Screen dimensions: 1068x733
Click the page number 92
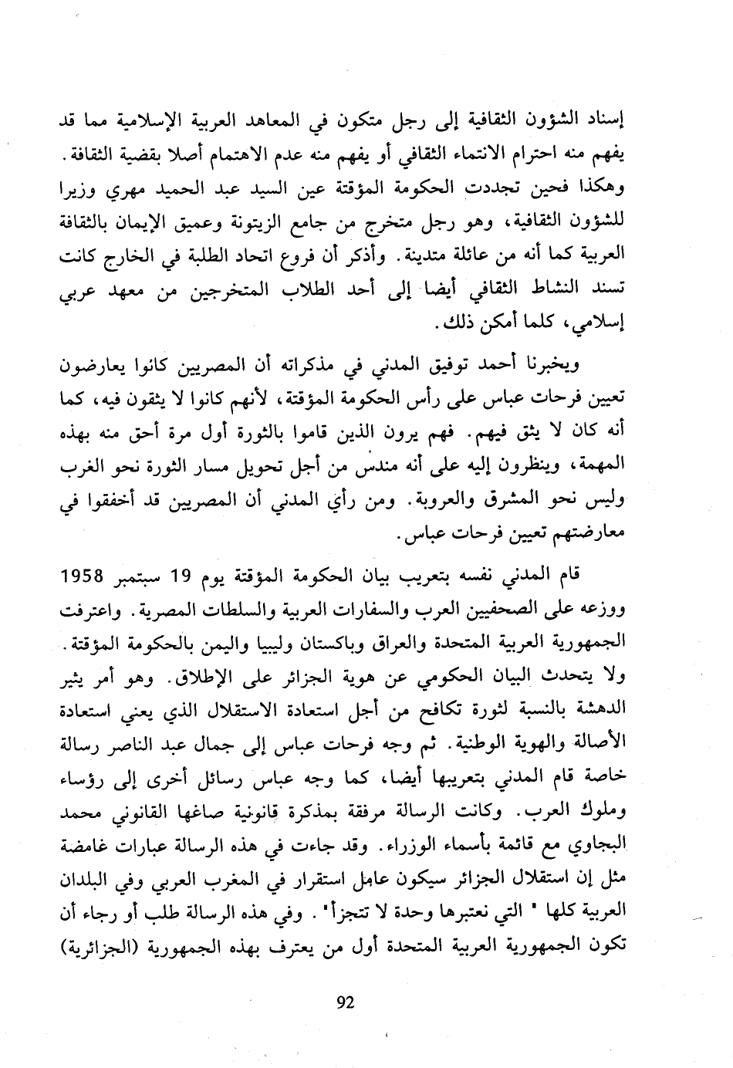(345, 1002)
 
